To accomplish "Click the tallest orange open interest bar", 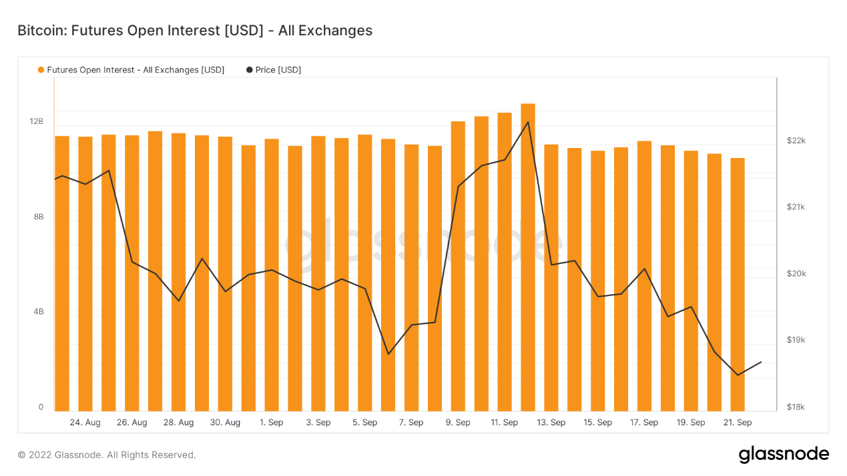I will [528, 257].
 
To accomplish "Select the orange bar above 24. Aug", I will [85, 273].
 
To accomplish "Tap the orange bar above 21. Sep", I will [738, 284].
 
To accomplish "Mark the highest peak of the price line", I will [528, 122].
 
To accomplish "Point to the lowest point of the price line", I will [738, 375].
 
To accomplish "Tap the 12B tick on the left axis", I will [36, 121].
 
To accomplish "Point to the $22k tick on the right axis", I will [796, 141].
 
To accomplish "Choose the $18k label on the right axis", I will [796, 407].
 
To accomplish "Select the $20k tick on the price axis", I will [796, 273].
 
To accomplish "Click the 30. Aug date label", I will [225, 422].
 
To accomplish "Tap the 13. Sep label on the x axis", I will [551, 422].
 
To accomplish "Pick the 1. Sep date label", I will [272, 422].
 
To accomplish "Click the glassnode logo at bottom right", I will [784, 455].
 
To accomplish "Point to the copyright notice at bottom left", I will [107, 455].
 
